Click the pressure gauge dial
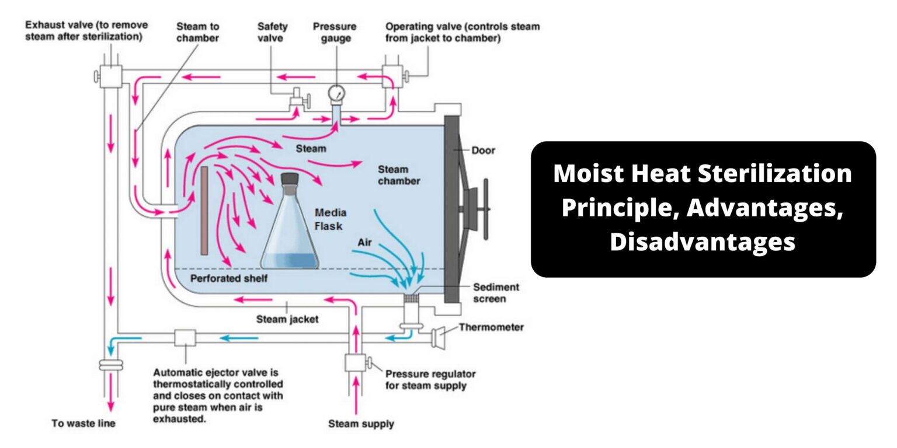336,93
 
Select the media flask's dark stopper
290,179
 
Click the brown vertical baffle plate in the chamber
204,211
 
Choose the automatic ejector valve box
185,338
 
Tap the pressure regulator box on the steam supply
355,363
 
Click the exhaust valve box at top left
109,75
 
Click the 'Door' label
483,150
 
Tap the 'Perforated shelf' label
229,279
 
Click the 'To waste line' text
83,423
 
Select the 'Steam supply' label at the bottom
360,423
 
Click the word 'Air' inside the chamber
364,242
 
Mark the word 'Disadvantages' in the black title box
703,241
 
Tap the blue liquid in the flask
290,261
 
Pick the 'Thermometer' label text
491,327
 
